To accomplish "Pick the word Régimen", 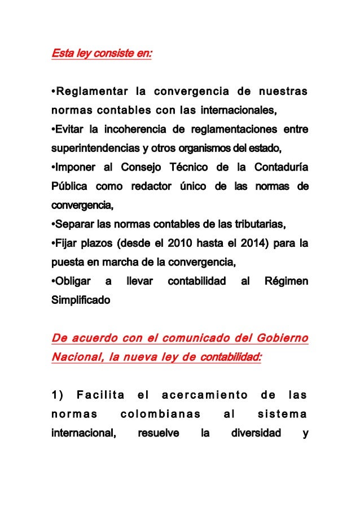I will point(286,282).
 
